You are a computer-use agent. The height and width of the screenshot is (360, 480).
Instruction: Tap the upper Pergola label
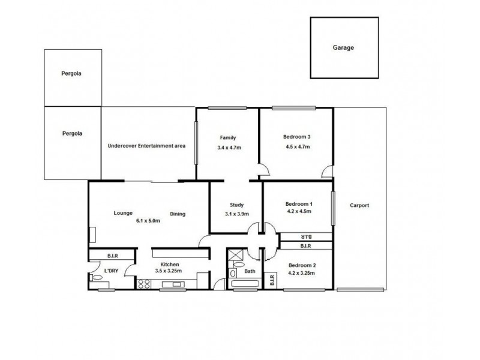[71, 74]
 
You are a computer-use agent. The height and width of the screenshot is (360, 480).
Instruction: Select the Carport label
[360, 205]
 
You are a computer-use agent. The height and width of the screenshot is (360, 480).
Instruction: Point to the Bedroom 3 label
[296, 137]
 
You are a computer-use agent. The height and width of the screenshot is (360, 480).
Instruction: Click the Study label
[235, 205]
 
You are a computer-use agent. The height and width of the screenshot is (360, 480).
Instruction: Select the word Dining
[177, 214]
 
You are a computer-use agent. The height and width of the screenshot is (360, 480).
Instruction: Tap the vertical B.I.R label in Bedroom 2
[272, 280]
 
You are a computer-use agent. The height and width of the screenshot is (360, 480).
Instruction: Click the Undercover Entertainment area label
[146, 146]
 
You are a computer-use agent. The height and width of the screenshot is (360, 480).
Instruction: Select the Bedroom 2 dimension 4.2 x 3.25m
[301, 273]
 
